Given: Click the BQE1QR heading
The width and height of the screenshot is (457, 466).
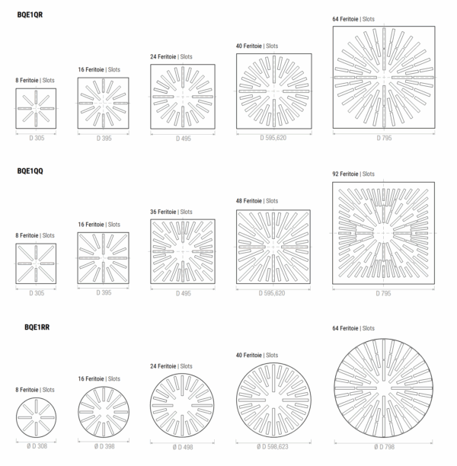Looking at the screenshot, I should click(x=30, y=14).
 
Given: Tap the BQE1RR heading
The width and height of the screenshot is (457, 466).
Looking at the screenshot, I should click(x=37, y=327).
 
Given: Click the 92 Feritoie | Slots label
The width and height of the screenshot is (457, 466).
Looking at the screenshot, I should click(x=353, y=174).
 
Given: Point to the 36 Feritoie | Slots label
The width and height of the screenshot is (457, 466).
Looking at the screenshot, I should click(x=171, y=212).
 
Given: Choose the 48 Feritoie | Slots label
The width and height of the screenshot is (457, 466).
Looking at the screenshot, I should click(x=257, y=201).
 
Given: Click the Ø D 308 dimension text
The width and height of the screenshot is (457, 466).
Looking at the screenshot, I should click(x=36, y=445).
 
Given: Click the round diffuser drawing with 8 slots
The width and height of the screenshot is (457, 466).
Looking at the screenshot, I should click(x=36, y=417).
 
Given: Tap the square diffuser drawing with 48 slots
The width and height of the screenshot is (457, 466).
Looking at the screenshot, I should click(x=274, y=247).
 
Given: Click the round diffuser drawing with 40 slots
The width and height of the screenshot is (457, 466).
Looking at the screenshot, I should click(x=274, y=400).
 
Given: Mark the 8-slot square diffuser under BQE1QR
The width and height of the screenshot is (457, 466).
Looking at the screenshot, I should click(x=36, y=108).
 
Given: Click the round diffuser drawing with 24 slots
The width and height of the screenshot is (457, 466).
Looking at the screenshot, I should click(x=183, y=405).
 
